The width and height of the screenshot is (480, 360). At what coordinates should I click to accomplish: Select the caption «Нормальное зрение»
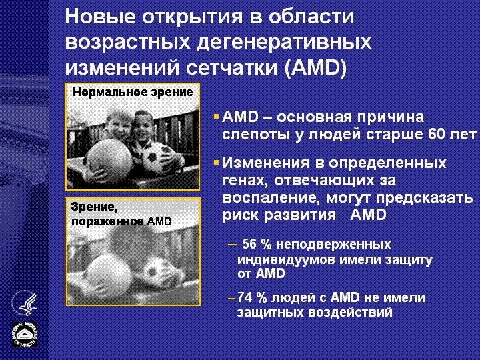[133, 92]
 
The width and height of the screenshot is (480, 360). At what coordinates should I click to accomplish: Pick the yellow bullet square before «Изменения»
[216, 162]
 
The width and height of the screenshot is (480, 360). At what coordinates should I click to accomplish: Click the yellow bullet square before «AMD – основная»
[216, 116]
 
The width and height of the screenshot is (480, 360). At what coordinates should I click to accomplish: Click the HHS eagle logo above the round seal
[24, 304]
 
